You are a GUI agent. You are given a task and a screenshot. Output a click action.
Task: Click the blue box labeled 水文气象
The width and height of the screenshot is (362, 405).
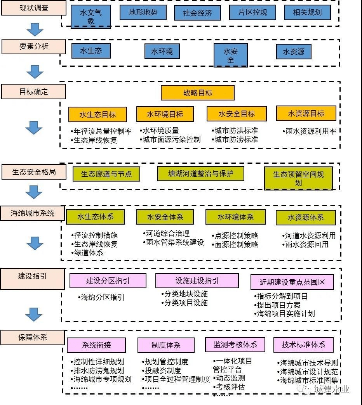pyautogui.click(x=91, y=17)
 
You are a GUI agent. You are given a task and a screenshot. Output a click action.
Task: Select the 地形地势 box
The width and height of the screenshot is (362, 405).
pyautogui.click(x=143, y=12)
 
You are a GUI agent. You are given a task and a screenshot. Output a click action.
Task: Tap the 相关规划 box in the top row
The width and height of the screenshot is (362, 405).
pyautogui.click(x=307, y=12)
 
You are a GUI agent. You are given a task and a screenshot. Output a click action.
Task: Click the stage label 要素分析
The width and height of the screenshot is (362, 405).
pyautogui.click(x=34, y=47)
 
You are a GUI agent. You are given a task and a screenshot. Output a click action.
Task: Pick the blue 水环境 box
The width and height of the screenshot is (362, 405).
pyautogui.click(x=162, y=51)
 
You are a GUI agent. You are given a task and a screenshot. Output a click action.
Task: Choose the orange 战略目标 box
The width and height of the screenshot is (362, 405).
pyautogui.click(x=198, y=93)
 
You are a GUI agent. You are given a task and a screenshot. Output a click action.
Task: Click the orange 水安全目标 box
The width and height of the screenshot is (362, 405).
pyautogui.click(x=237, y=114)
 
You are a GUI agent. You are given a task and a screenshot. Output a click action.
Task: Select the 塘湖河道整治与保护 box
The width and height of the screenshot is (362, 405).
pyautogui.click(x=200, y=173)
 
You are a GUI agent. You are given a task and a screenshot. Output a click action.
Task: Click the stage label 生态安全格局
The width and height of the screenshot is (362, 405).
pyautogui.click(x=34, y=172)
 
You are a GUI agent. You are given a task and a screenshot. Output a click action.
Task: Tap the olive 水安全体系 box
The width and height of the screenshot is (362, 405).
pyautogui.click(x=165, y=217)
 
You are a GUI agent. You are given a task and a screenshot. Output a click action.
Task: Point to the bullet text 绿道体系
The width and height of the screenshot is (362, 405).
pyautogui.click(x=88, y=253)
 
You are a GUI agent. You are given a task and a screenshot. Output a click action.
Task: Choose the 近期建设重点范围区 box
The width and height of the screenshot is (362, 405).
pyautogui.click(x=292, y=282)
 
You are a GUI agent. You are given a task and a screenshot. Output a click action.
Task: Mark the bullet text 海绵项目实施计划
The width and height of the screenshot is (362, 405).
pyautogui.click(x=285, y=314)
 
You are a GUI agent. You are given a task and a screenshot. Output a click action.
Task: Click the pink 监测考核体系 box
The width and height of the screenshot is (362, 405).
pyautogui.click(x=235, y=344)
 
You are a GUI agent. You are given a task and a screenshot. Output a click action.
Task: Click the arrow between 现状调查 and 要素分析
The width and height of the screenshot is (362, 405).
pyautogui.click(x=35, y=29)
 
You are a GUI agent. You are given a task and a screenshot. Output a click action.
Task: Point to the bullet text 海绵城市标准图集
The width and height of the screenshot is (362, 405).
pyautogui.click(x=309, y=381)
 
